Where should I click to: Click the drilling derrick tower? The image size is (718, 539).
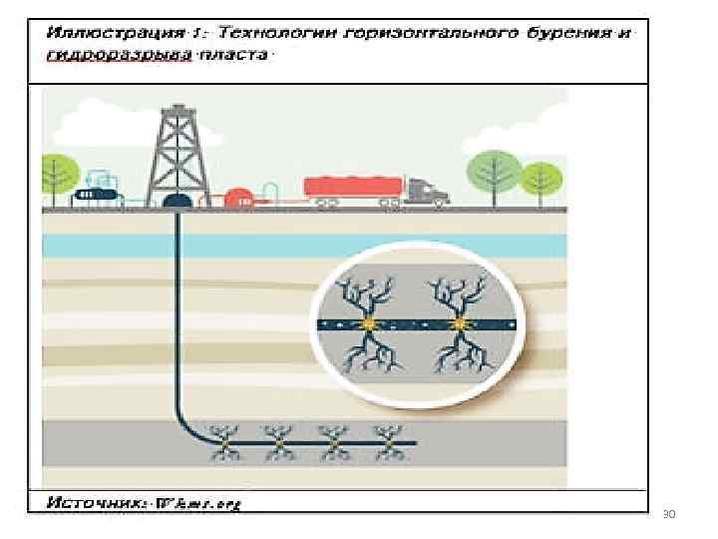179,150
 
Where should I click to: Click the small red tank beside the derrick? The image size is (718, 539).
239,199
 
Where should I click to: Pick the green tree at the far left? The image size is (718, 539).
57,172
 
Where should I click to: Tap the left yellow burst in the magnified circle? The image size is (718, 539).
370,323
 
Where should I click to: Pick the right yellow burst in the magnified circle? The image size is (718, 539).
460,323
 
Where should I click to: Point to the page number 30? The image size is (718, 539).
668,514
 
